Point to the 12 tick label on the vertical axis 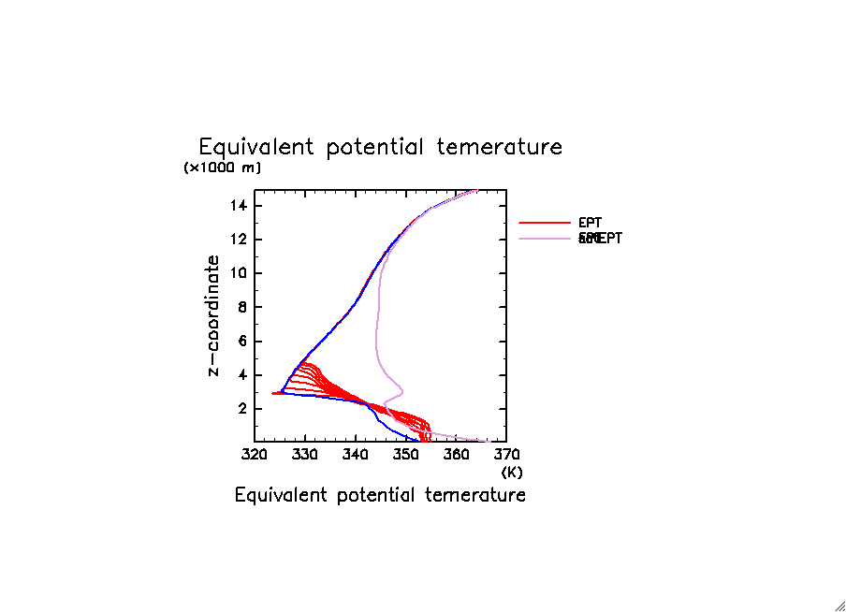pyautogui.click(x=241, y=240)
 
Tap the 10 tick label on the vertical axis pyautogui.click(x=241, y=273)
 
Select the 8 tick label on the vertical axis pyautogui.click(x=245, y=307)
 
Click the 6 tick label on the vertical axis pyautogui.click(x=245, y=342)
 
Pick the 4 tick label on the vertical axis pyautogui.click(x=245, y=375)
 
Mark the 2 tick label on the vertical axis pyautogui.click(x=245, y=409)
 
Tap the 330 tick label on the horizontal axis pyautogui.click(x=305, y=454)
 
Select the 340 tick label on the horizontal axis pyautogui.click(x=356, y=454)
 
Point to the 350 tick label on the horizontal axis pyautogui.click(x=406, y=454)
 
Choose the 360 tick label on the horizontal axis pyautogui.click(x=457, y=454)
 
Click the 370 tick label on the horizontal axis pyautogui.click(x=506, y=454)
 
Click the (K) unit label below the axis pyautogui.click(x=512, y=472)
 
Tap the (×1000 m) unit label pyautogui.click(x=223, y=168)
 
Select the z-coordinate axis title pyautogui.click(x=214, y=315)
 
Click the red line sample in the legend pyautogui.click(x=545, y=223)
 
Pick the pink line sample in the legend pyautogui.click(x=545, y=239)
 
